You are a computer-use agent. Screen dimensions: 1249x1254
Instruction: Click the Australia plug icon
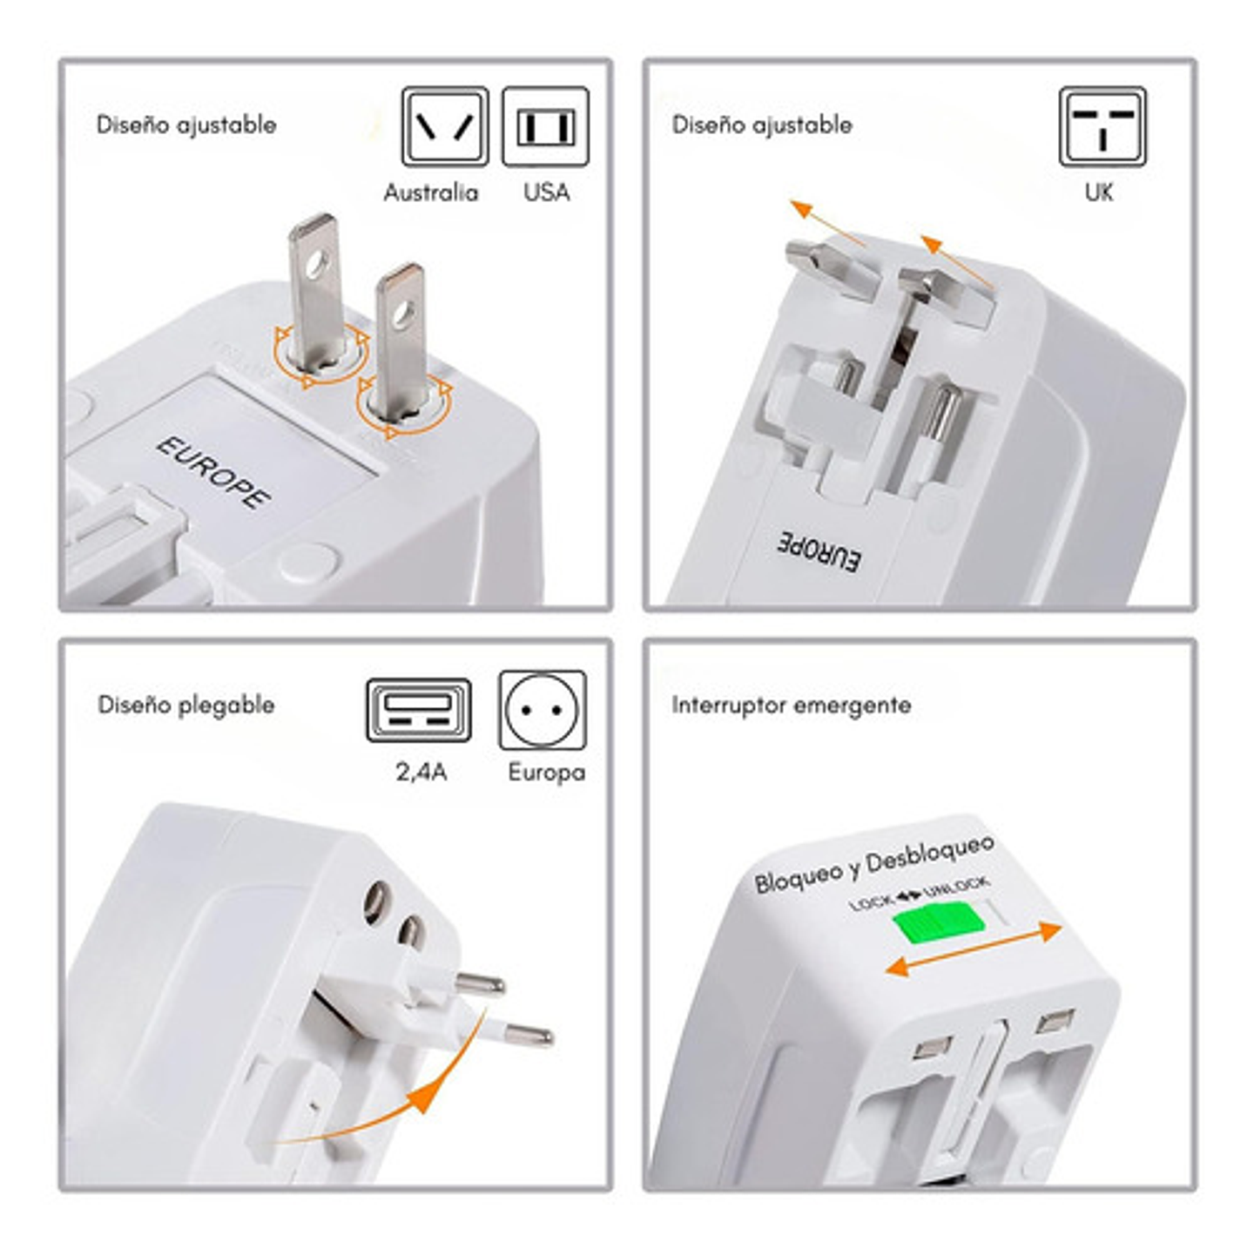(444, 126)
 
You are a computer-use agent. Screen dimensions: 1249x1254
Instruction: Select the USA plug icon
(545, 126)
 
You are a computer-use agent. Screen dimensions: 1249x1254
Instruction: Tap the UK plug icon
(1102, 126)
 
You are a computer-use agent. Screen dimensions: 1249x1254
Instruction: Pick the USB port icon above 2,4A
(418, 710)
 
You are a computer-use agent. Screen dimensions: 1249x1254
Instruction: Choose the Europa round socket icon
(543, 710)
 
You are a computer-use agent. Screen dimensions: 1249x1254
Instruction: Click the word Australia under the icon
(431, 192)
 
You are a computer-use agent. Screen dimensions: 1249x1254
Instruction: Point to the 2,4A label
(421, 772)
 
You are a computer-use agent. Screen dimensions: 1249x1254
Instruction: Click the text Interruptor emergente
(791, 705)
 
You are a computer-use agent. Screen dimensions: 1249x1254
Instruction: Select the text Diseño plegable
(185, 705)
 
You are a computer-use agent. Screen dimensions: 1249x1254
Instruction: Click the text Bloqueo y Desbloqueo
(873, 864)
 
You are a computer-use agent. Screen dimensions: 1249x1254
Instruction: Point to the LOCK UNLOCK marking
(919, 894)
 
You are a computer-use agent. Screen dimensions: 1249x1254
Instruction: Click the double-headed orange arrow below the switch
(974, 949)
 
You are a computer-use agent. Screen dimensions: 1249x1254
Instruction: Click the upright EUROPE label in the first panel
(213, 471)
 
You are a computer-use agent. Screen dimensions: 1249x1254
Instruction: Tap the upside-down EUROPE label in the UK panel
(819, 550)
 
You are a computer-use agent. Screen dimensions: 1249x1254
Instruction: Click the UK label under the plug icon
(1099, 192)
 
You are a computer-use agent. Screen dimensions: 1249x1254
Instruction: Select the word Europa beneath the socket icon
(546, 772)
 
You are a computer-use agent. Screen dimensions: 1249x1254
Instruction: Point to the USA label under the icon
(546, 192)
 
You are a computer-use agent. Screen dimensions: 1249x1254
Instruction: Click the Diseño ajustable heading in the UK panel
(762, 125)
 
